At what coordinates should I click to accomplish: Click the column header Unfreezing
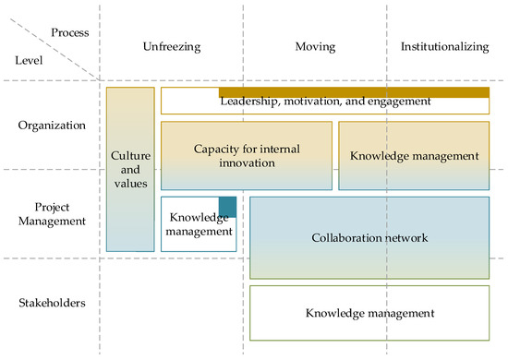[x=173, y=46]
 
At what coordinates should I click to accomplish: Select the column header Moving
[x=316, y=46]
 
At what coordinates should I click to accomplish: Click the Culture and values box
[x=130, y=169]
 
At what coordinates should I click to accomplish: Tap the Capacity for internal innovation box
[x=246, y=155]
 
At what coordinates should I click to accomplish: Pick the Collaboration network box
[x=369, y=237]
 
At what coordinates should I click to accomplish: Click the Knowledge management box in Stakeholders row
[x=369, y=313]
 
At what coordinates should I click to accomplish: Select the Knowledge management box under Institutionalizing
[x=414, y=155]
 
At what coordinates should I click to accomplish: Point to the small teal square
[x=227, y=208]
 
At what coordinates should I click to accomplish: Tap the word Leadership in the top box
[x=250, y=101]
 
